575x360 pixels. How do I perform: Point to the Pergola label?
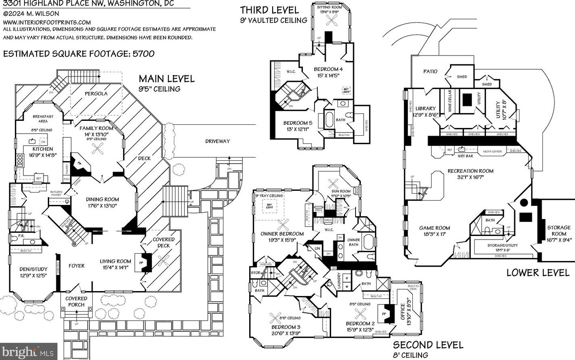(96, 93)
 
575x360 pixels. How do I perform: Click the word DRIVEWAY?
(217, 141)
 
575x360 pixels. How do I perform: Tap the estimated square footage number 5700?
(143, 54)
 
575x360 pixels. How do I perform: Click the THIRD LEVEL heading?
(269, 10)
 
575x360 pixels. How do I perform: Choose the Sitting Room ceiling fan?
(332, 23)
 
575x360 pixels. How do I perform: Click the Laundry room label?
(339, 280)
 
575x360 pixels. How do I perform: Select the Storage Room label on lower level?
(558, 230)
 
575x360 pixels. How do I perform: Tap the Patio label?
(430, 71)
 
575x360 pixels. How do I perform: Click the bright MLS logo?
(29, 352)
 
